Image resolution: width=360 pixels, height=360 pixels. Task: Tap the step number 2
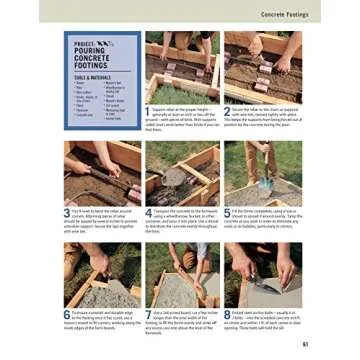coord(227,110)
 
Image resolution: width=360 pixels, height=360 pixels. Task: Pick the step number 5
coord(227,212)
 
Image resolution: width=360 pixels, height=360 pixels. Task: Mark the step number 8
coord(227,314)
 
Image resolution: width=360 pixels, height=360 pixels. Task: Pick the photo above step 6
coord(102,273)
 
